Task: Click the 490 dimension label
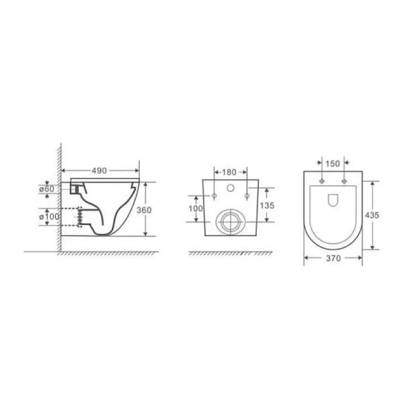(99, 171)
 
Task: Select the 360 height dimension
(144, 210)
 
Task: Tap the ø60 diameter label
(47, 189)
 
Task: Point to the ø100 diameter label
(49, 217)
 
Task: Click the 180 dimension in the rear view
(229, 172)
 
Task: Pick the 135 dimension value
(267, 205)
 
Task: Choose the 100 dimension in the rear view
(196, 209)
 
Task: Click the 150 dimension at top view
(333, 164)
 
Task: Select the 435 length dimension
(372, 215)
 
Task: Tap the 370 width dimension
(333, 258)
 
